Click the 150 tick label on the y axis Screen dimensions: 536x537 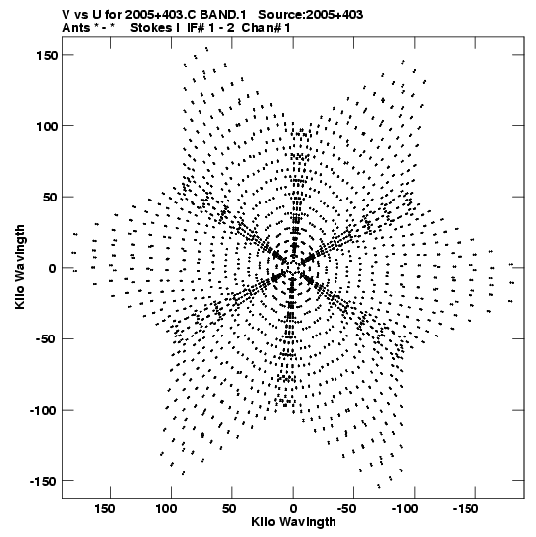(x=47, y=55)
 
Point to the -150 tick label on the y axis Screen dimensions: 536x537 (x=43, y=481)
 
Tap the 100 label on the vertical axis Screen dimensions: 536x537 (x=47, y=126)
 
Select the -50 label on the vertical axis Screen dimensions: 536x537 (x=46, y=339)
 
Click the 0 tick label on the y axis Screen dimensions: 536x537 (x=53, y=268)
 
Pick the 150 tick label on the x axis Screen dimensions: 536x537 (x=105, y=509)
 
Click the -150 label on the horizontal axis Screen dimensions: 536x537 (x=466, y=509)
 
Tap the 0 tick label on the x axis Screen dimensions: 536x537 (x=293, y=509)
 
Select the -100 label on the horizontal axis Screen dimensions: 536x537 (x=405, y=509)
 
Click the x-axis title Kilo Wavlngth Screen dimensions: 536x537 (x=294, y=522)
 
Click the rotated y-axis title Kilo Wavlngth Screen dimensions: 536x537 (x=20, y=267)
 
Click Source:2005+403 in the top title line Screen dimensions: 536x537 (x=311, y=15)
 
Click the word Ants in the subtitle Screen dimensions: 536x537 (x=76, y=28)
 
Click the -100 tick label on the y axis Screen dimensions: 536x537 (x=43, y=411)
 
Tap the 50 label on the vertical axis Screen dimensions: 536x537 (x=50, y=198)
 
